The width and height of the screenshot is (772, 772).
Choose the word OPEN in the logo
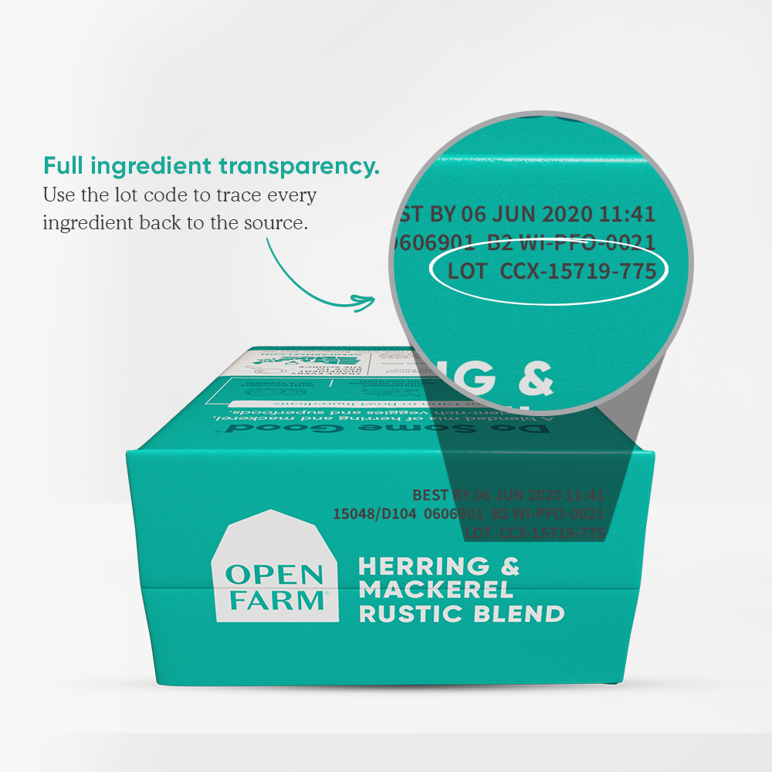274,575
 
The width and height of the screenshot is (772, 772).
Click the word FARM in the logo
274,600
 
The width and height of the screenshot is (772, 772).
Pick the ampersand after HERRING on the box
510,567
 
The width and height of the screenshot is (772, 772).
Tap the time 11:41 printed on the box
584,495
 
